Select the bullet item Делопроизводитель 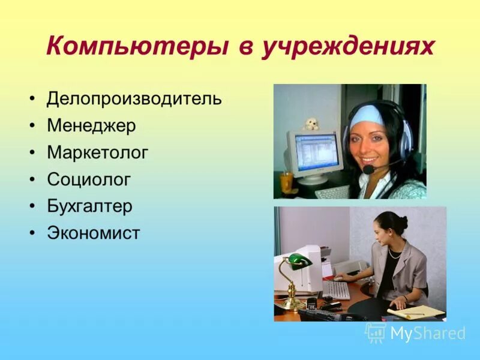coord(134,98)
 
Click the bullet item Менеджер coord(91,125)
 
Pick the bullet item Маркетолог coord(97,152)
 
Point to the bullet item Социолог coord(88,179)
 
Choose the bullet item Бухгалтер coord(89,206)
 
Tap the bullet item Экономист coord(93,232)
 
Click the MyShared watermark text coord(428,333)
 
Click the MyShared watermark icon coord(376,332)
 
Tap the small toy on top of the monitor coord(310,124)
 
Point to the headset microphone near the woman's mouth coord(368,170)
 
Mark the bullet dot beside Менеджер coord(33,126)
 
